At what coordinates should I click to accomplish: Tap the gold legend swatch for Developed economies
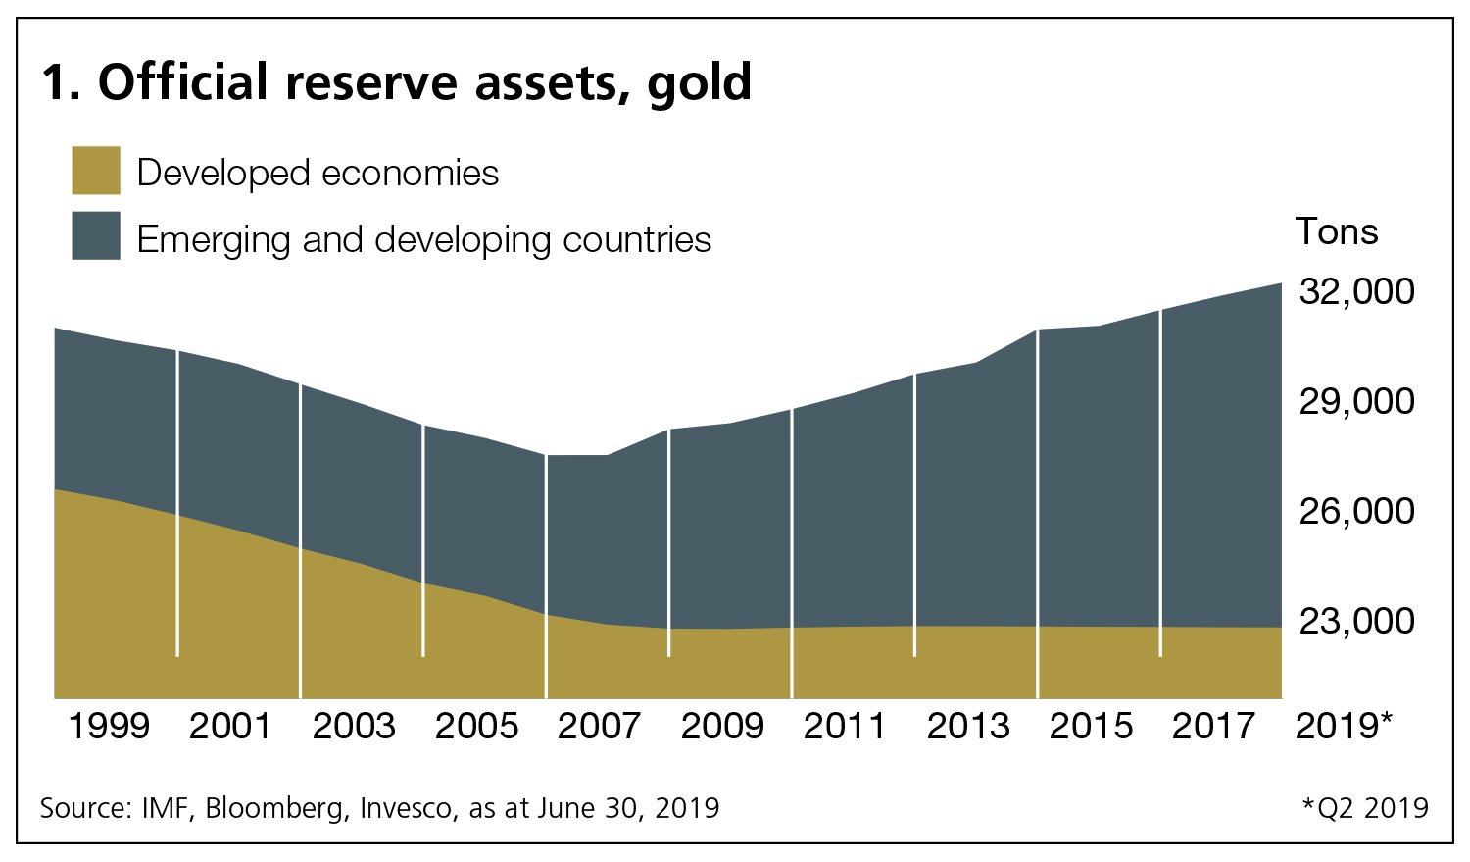[96, 171]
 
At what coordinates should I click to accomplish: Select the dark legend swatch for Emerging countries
[96, 235]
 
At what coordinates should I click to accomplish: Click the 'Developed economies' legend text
[318, 174]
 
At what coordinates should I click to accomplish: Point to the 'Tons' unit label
[1336, 232]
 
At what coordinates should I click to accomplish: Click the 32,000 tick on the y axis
[1356, 291]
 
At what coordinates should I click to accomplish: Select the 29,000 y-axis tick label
[1356, 401]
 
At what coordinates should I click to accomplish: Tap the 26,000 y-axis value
[1356, 511]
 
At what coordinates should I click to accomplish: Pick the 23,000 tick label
[1356, 621]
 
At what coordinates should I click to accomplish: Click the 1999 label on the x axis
[109, 727]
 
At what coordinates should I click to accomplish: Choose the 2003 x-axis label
[353, 727]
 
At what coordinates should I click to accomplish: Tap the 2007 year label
[599, 727]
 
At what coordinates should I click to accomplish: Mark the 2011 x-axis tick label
[845, 727]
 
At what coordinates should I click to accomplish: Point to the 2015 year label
[1091, 727]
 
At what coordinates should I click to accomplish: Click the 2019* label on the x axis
[1344, 727]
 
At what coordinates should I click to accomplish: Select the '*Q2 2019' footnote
[1365, 808]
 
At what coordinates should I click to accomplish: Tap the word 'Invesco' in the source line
[409, 808]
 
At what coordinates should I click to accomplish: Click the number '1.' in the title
[60, 82]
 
